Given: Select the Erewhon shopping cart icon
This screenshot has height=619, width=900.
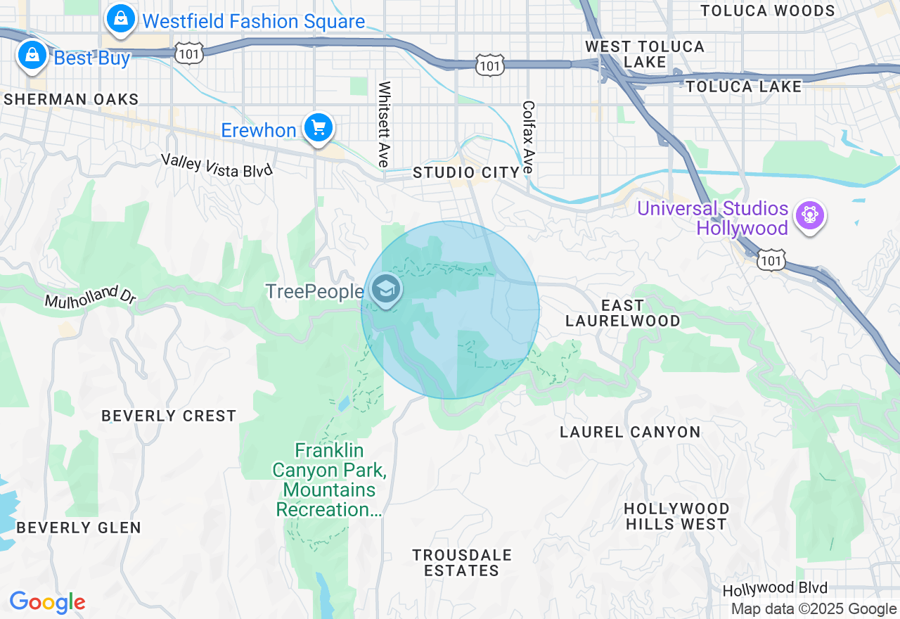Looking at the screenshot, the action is tap(319, 128).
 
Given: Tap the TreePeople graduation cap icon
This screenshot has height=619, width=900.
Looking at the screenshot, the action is tap(385, 288).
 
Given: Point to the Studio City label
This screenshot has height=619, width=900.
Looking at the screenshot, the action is tap(465, 172).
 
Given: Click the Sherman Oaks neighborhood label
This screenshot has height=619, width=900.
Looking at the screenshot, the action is tap(71, 99).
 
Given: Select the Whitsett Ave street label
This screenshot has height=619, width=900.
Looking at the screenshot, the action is tap(384, 125).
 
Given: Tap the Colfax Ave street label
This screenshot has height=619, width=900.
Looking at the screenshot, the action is tap(529, 138).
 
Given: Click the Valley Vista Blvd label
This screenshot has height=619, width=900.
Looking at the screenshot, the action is tap(216, 165).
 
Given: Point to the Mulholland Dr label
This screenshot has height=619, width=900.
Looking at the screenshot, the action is tap(90, 296).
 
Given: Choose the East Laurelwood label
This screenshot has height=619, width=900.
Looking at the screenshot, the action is tap(623, 313).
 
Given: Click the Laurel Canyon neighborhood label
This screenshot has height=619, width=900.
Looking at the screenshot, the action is tap(630, 432).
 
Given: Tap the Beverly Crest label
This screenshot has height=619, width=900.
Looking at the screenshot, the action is tap(169, 416).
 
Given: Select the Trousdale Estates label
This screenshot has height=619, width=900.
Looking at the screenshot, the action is tap(462, 563).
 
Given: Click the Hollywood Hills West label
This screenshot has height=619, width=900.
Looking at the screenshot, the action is tap(676, 516).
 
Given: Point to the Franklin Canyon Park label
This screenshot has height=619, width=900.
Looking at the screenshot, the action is tap(329, 479).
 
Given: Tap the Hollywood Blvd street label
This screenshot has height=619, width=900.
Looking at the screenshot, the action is tap(775, 588).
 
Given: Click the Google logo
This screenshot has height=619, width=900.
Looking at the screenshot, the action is tap(47, 602).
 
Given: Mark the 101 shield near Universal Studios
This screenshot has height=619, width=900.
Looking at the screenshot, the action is tap(772, 260).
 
